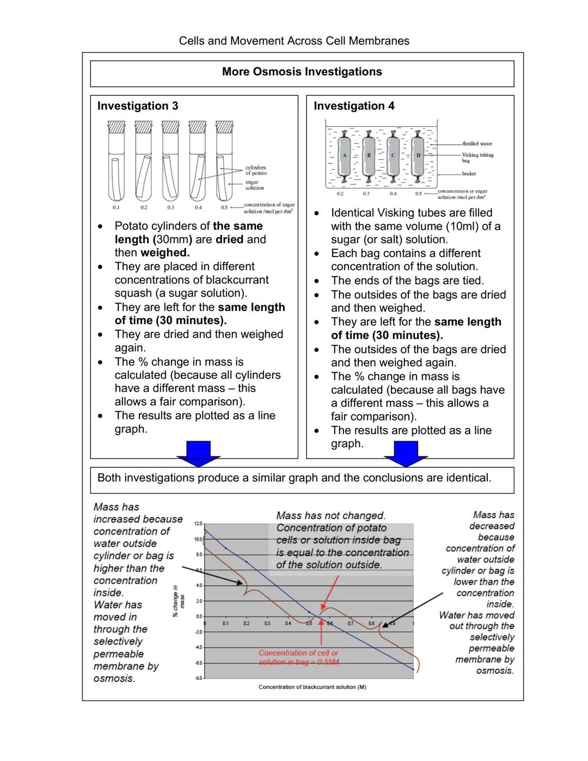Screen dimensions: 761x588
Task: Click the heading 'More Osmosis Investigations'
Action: (x=302, y=72)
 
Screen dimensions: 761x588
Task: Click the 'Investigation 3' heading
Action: (x=137, y=106)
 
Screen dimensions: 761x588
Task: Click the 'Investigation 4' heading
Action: (x=354, y=106)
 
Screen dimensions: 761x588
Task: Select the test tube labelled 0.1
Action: (x=117, y=163)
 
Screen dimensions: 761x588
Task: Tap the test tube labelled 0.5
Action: (x=224, y=163)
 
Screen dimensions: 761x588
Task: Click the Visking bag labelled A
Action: (x=344, y=156)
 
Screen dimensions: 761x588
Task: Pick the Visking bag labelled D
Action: (x=418, y=156)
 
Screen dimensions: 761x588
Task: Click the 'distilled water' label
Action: (x=476, y=144)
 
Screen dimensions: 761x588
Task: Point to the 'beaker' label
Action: (x=469, y=174)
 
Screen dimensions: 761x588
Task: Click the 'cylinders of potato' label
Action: (x=255, y=170)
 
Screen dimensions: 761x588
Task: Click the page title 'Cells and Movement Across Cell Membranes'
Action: (x=294, y=41)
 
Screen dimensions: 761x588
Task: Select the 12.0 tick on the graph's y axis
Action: (x=198, y=523)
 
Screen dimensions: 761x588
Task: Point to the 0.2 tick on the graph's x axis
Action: (x=246, y=623)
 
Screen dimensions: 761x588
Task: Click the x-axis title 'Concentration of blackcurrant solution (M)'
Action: (x=312, y=687)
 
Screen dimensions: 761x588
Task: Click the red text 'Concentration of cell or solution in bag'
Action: (x=298, y=657)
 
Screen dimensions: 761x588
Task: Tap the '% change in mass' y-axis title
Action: (x=179, y=601)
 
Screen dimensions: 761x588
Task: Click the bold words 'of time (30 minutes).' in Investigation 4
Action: (x=387, y=335)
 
